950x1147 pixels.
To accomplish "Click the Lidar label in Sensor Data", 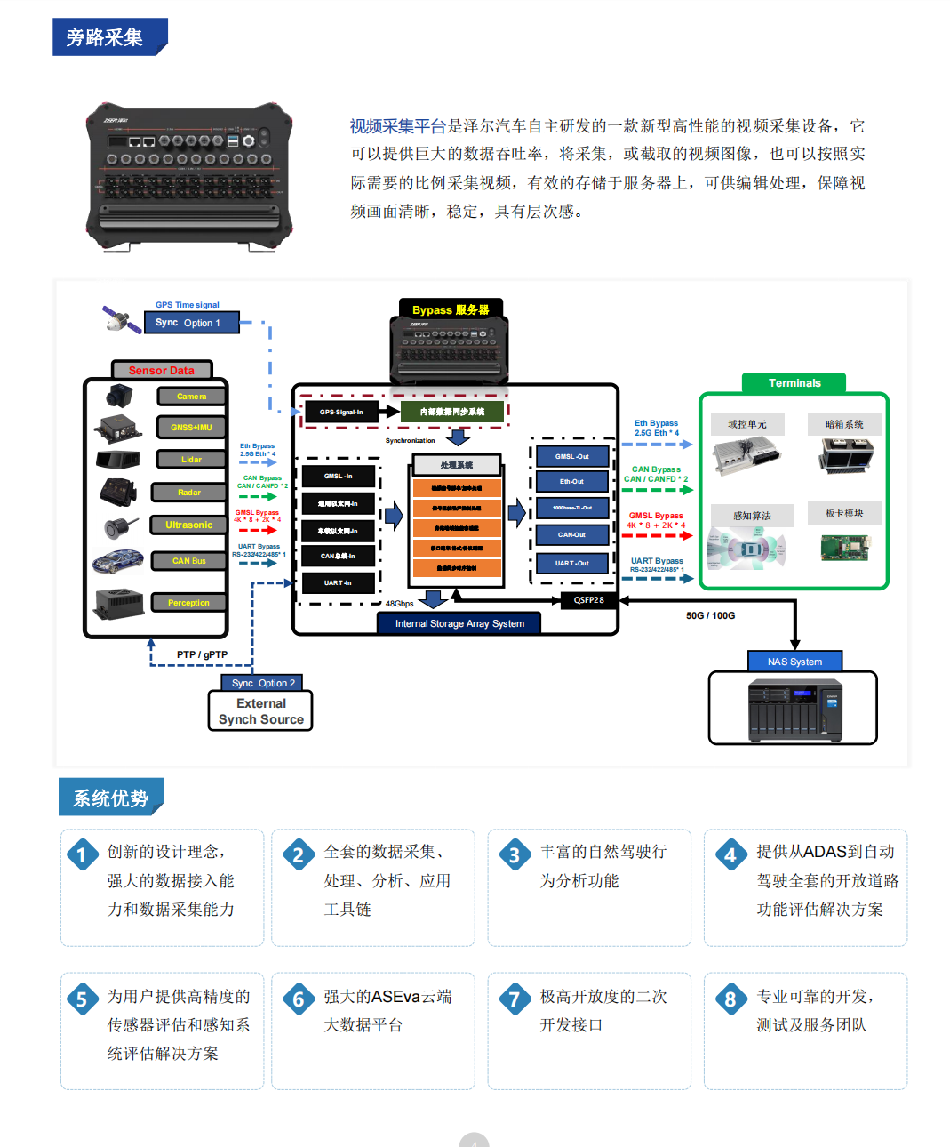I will pos(191,460).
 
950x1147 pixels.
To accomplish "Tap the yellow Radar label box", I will pos(188,493).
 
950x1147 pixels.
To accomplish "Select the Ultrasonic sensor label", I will pos(188,525).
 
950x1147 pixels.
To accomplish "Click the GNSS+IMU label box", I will pos(191,428).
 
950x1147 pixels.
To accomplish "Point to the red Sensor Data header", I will pos(162,370).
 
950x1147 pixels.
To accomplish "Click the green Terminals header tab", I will pos(794,383).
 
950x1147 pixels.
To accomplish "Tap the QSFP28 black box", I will pos(588,600).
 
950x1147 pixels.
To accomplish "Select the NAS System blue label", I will pos(794,662).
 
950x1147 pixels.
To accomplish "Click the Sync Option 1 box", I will pos(191,323).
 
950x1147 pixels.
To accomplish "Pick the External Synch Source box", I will pos(260,711).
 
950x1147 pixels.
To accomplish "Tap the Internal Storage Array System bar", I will pos(459,623).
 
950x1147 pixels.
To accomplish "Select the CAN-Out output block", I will pos(572,535).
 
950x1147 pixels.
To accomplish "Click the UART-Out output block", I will pos(572,564).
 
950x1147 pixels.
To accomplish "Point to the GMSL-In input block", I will pos(338,477).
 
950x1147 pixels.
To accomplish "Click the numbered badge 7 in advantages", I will pos(515,999).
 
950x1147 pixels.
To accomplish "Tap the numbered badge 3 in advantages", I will pos(515,855).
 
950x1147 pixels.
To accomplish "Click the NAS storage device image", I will pos(794,709).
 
